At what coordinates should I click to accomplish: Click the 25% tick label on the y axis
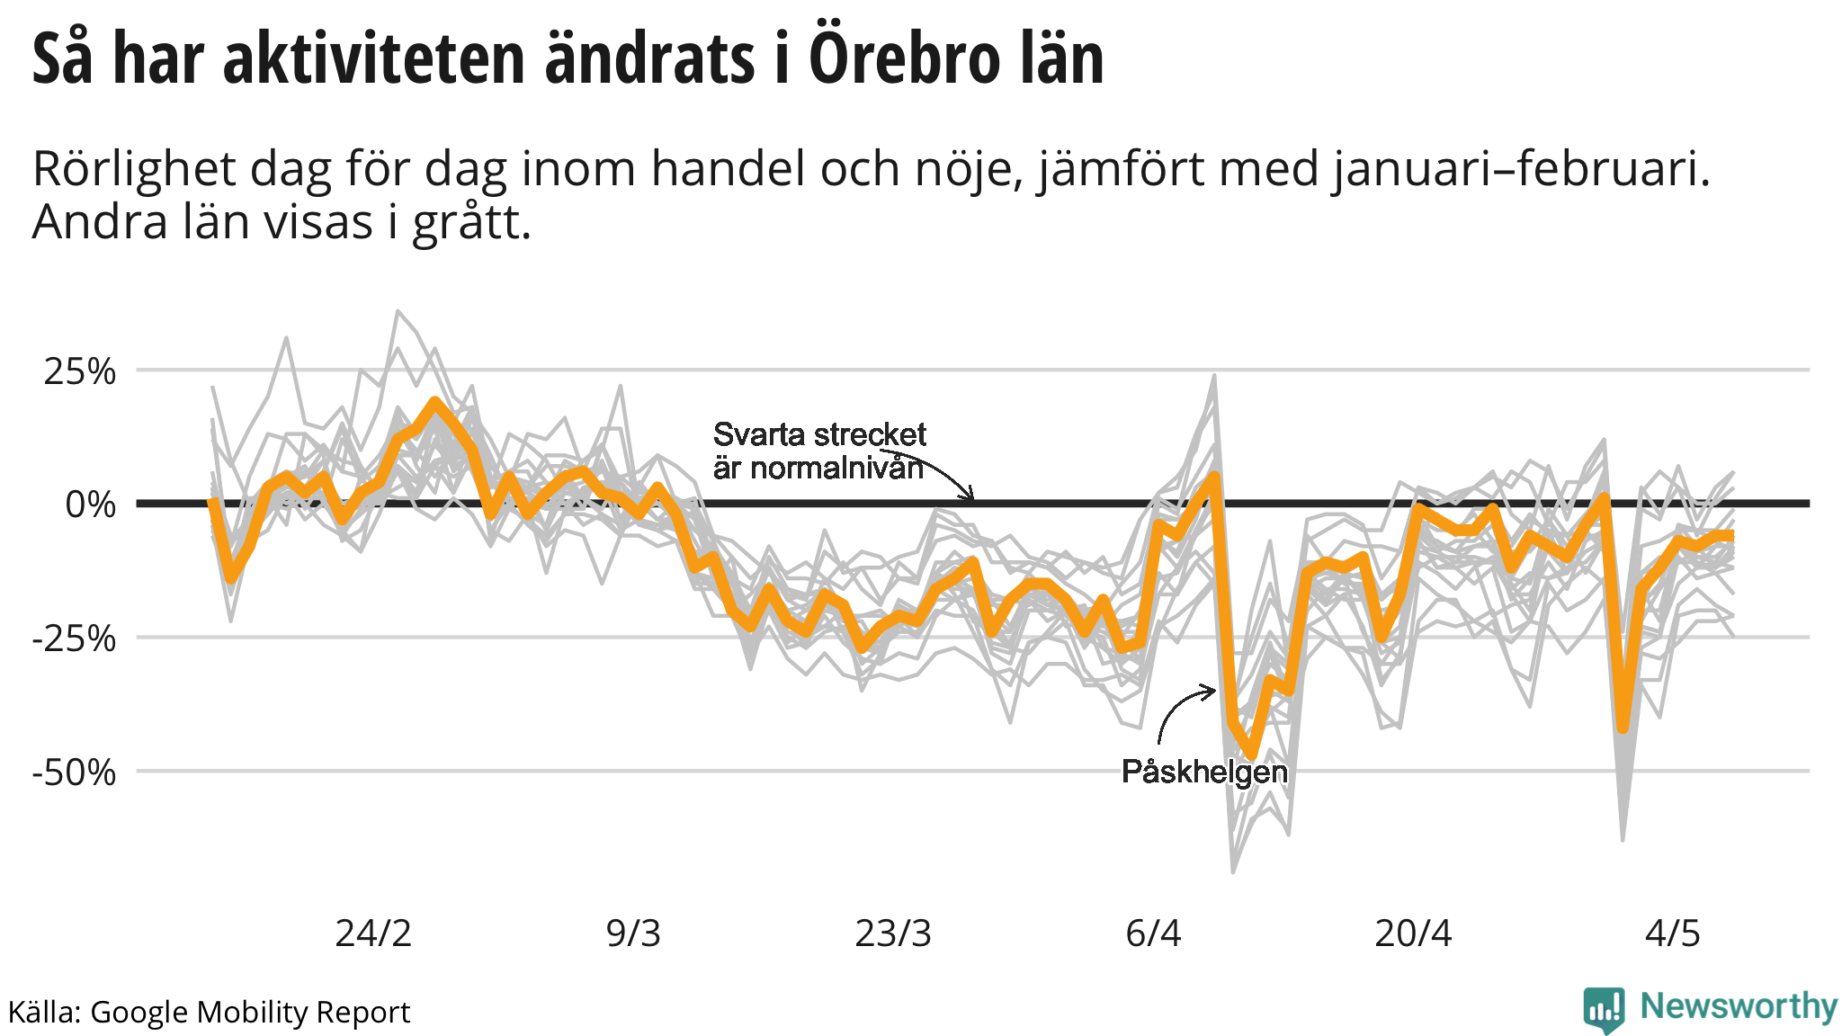(79, 371)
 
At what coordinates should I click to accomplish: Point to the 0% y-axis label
(90, 505)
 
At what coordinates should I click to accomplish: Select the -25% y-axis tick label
(74, 639)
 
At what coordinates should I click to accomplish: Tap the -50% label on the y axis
(74, 773)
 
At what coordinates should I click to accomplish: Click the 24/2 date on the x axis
(373, 933)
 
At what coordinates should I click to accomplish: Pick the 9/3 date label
(633, 933)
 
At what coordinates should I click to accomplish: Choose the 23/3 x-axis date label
(892, 933)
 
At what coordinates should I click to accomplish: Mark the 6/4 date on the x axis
(1153, 933)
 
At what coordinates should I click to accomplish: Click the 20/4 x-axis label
(1413, 933)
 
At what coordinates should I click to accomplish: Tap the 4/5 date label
(1673, 933)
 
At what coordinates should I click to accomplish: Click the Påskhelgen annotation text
(1204, 772)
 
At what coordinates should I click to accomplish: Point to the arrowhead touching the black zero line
(970, 496)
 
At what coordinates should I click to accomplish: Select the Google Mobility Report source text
(250, 1013)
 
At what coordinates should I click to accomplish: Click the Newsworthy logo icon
(1604, 1010)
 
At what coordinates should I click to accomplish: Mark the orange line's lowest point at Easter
(1251, 754)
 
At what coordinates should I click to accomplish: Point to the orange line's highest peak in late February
(435, 403)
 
